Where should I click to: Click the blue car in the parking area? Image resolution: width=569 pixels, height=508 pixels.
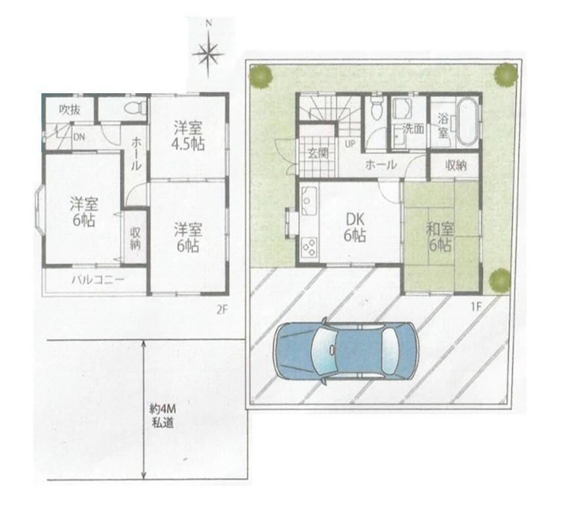click(x=347, y=350)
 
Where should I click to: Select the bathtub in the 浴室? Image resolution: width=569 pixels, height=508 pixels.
click(x=467, y=123)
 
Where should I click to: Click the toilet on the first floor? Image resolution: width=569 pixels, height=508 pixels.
click(x=377, y=107)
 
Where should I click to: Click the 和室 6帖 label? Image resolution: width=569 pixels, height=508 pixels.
click(x=440, y=238)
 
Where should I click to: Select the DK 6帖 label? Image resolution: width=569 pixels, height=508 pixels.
click(x=355, y=227)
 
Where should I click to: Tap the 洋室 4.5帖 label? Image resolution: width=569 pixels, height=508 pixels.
click(x=188, y=137)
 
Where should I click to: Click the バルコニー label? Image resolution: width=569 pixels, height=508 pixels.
click(x=98, y=280)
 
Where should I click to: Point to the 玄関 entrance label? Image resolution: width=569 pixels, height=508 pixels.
click(x=318, y=153)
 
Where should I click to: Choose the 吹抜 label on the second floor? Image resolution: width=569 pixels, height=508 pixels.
click(x=70, y=110)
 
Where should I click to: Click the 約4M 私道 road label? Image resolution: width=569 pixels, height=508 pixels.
click(x=163, y=416)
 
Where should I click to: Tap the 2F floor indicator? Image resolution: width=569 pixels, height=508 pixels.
click(x=222, y=310)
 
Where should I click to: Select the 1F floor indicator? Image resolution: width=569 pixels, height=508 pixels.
click(x=476, y=307)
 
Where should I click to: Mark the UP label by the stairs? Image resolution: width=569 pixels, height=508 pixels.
click(x=350, y=144)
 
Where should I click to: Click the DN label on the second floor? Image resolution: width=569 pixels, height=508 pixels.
click(x=79, y=137)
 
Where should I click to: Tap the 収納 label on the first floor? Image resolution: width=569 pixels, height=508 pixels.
click(x=455, y=165)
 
